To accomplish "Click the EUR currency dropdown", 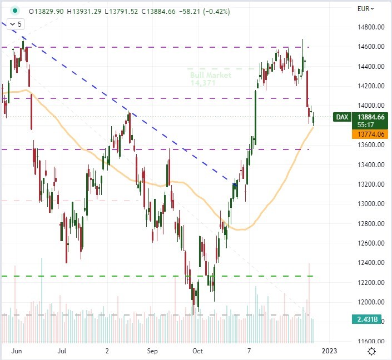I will click(365, 8).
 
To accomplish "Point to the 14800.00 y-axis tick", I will click(370, 27).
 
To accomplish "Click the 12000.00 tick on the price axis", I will click(370, 302).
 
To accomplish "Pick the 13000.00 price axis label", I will click(370, 204).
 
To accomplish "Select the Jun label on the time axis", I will click(17, 351).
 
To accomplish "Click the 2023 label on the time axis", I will click(329, 351).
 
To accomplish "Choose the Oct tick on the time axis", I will click(197, 351).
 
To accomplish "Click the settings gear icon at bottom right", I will click(371, 351).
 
